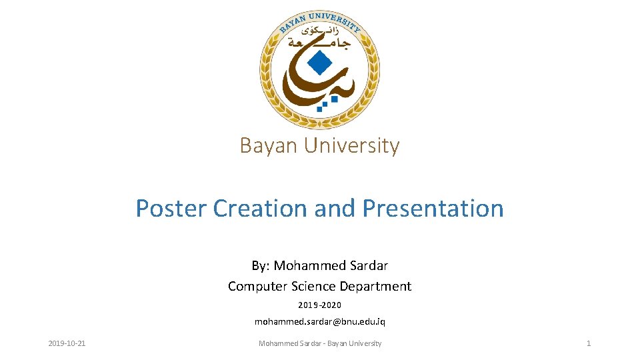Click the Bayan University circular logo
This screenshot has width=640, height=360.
point(320,69)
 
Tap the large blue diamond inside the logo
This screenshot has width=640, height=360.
point(321,63)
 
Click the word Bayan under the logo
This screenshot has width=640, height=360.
point(270,145)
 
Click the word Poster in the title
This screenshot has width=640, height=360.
point(171,209)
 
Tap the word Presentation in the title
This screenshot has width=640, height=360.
point(433,209)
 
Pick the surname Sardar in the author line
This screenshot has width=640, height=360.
point(369,265)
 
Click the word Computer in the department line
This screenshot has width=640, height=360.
point(258,286)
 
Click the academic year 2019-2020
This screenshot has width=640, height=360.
point(319,305)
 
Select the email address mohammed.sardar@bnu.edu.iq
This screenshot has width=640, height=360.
point(319,321)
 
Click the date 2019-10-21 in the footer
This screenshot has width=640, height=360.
point(67,343)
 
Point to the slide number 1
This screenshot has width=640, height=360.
point(588,343)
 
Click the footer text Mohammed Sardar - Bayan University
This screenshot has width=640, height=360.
point(319,343)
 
